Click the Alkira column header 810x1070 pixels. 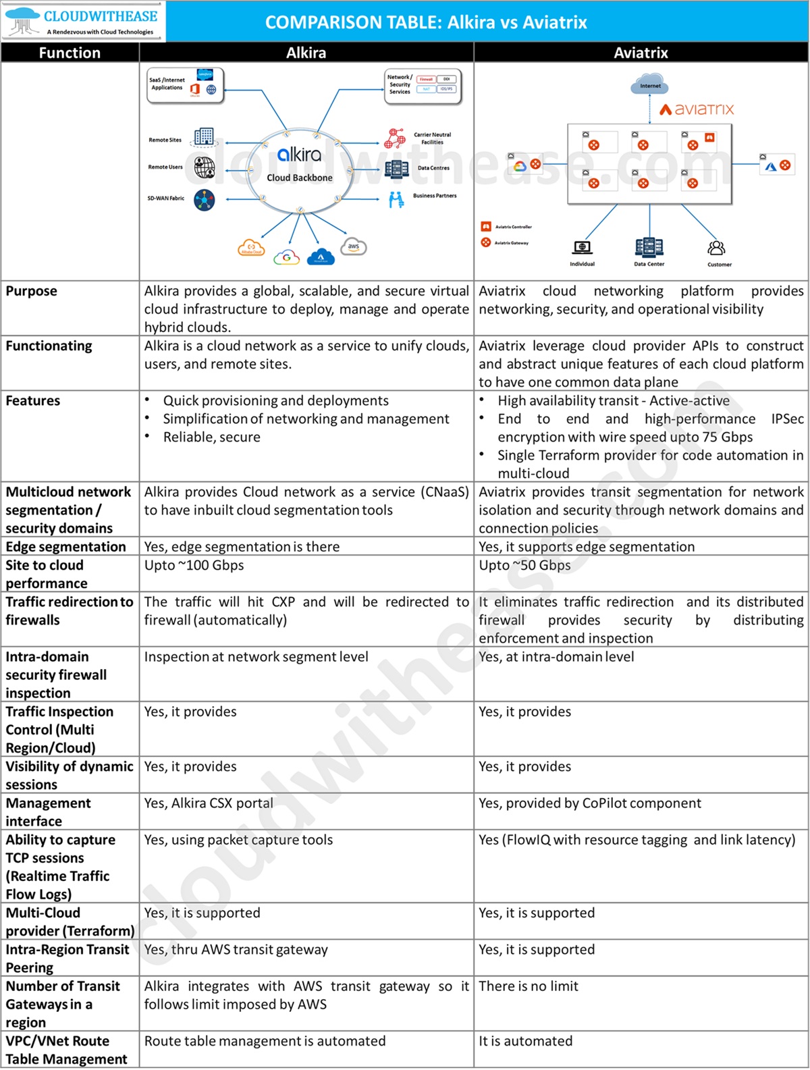[306, 53]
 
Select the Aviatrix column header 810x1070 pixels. [641, 53]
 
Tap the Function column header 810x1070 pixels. [70, 53]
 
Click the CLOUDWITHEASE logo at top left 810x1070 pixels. [82, 21]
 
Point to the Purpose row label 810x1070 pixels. [32, 291]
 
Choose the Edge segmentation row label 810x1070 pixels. [66, 547]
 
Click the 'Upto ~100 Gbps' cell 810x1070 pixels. [194, 565]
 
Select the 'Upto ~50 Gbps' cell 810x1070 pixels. [524, 565]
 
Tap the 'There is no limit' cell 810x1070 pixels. [529, 986]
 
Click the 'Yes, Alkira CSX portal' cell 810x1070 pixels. [209, 803]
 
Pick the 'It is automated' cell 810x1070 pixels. [525, 1041]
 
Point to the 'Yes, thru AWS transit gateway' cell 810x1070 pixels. [236, 950]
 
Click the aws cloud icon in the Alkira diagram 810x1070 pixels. [354, 246]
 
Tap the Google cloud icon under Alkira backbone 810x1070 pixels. [287, 257]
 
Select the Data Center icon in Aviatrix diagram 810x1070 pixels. [649, 248]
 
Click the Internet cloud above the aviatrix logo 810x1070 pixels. [650, 85]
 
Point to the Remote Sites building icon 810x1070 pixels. [203, 137]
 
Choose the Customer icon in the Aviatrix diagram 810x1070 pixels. [717, 248]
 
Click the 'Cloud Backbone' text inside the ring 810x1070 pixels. [300, 178]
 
